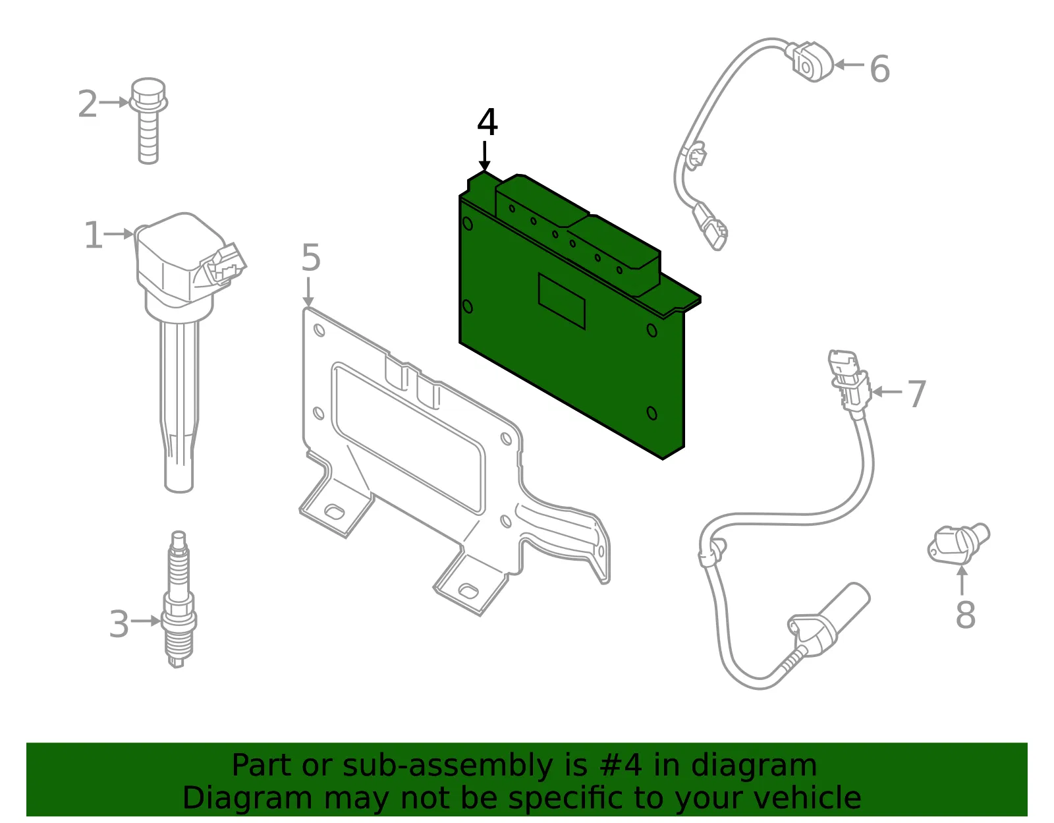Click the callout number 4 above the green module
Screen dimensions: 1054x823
point(487,122)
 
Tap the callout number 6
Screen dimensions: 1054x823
point(880,69)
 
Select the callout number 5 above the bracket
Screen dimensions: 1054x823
point(311,258)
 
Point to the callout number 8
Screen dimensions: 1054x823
point(965,615)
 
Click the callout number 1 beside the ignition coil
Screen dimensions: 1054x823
point(94,235)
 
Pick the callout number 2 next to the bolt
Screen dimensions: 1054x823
point(88,104)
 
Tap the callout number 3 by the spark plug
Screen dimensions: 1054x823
point(119,624)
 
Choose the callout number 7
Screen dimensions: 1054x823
point(917,394)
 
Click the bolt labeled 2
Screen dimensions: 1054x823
point(148,121)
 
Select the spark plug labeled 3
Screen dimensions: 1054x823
point(179,600)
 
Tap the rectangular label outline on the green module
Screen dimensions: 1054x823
point(562,301)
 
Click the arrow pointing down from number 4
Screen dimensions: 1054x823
point(484,156)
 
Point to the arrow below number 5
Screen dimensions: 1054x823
point(308,292)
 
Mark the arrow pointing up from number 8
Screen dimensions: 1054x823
point(962,580)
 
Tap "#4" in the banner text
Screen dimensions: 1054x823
point(621,766)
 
